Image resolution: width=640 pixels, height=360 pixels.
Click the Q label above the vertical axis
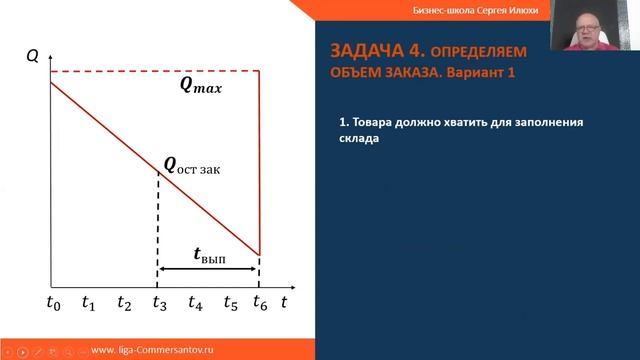(33, 56)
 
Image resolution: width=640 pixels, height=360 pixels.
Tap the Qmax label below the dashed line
(200, 86)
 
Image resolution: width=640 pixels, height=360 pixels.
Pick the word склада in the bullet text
(360, 140)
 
